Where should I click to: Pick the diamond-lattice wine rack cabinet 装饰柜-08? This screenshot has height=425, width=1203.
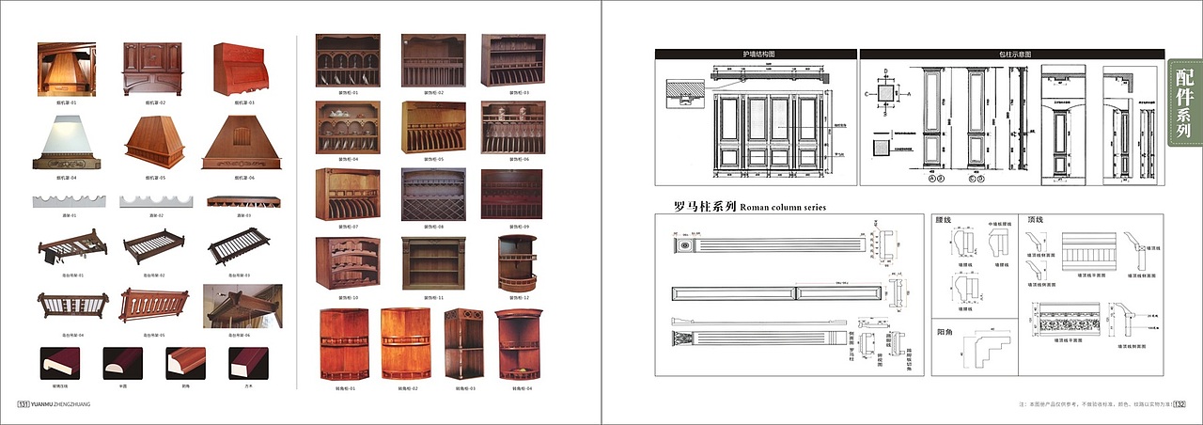pyautogui.click(x=433, y=195)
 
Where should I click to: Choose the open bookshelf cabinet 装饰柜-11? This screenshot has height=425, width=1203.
pyautogui.click(x=433, y=263)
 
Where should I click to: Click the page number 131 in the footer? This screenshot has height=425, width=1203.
pyautogui.click(x=24, y=404)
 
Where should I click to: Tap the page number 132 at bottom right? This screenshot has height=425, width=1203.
pyautogui.click(x=1179, y=404)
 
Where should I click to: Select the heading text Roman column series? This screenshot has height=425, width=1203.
pyautogui.click(x=783, y=207)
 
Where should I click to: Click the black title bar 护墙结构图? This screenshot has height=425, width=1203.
pyautogui.click(x=755, y=55)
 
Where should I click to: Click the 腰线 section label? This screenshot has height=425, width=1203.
pyautogui.click(x=945, y=220)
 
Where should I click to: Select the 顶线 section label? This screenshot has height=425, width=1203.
pyautogui.click(x=1037, y=220)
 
